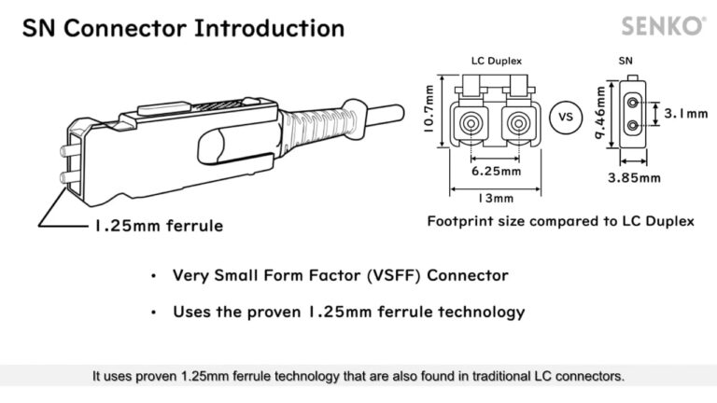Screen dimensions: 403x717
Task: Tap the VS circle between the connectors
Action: pos(564,118)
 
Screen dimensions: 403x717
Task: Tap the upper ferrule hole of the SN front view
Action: pos(635,102)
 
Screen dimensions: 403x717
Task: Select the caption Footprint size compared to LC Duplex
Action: pos(560,222)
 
